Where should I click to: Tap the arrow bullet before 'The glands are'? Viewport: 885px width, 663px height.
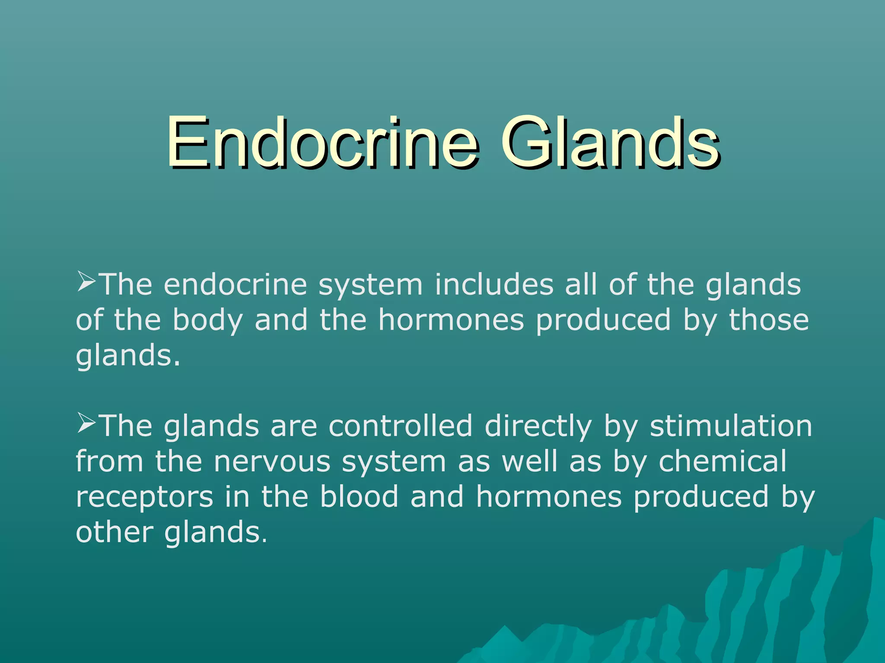pos(86,423)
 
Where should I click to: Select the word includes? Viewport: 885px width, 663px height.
pos(494,285)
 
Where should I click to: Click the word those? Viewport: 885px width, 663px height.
pos(769,320)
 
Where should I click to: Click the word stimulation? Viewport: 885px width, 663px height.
pos(731,426)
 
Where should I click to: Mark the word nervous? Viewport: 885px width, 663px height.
pos(272,462)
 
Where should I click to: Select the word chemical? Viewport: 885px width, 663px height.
pos(722,461)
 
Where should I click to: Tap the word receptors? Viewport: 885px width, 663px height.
pos(144,498)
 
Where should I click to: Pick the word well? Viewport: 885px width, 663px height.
pos(529,461)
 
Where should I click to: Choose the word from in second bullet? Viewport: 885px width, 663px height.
pos(109,461)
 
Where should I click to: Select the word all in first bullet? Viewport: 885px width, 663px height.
pos(581,285)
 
